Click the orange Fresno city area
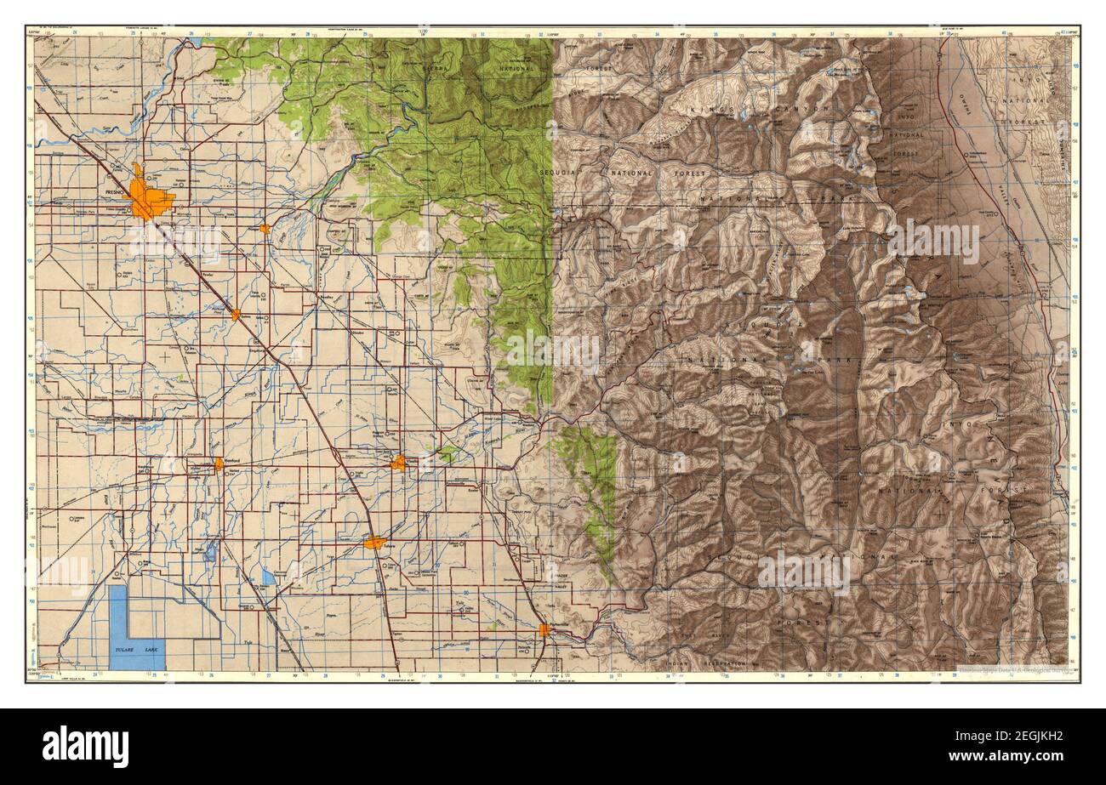[148, 197]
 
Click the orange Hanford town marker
[219, 464]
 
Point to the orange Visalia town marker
[398, 463]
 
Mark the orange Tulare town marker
[374, 543]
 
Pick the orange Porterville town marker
[544, 629]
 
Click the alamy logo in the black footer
[85, 746]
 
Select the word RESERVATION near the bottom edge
[723, 663]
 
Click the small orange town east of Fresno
[265, 229]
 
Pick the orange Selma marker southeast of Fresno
[236, 315]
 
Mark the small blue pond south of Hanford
[210, 554]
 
